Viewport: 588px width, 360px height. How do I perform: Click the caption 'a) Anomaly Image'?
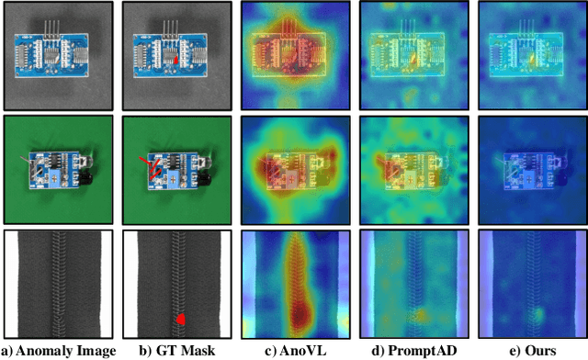coord(58,350)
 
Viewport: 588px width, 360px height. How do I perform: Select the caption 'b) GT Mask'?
coord(176,350)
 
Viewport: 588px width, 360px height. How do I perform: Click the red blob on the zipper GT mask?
coord(181,319)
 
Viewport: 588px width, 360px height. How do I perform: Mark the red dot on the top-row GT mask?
coord(178,61)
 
